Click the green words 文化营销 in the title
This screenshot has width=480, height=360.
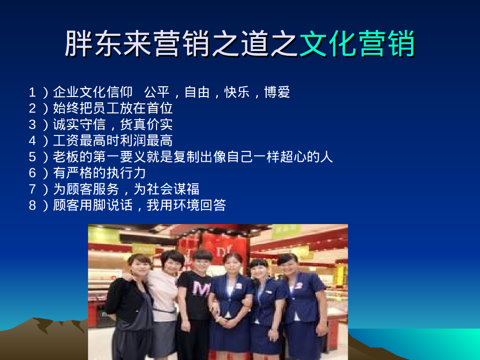(357, 44)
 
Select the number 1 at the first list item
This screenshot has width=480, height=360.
(32, 92)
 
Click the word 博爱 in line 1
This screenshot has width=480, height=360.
(277, 92)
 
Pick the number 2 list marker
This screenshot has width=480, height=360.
(32, 109)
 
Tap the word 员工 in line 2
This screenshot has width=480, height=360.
(99, 109)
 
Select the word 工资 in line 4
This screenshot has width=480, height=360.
(66, 141)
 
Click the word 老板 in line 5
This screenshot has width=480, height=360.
(66, 157)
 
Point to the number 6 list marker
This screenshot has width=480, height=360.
(32, 173)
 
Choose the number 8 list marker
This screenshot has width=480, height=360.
(32, 205)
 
